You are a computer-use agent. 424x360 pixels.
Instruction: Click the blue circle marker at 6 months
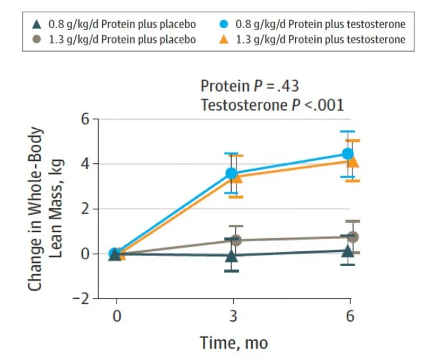click(x=348, y=154)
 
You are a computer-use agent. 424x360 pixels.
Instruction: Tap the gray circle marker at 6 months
click(x=354, y=236)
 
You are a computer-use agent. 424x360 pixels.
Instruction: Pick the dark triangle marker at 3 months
click(x=231, y=256)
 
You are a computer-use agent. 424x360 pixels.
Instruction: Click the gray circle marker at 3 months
click(x=236, y=240)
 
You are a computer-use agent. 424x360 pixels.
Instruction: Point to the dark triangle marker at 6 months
click(x=348, y=250)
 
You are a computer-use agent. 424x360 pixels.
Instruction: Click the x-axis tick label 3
click(x=234, y=317)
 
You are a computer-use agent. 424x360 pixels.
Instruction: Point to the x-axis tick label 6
click(x=350, y=317)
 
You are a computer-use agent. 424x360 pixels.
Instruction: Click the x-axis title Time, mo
click(x=234, y=343)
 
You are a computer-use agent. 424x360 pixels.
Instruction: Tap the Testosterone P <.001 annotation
click(x=272, y=105)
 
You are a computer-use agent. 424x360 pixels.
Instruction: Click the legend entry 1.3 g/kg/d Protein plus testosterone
click(x=320, y=39)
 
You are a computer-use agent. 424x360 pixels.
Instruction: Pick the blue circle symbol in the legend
click(x=225, y=24)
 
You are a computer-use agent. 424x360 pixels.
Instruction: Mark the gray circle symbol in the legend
click(x=37, y=39)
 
